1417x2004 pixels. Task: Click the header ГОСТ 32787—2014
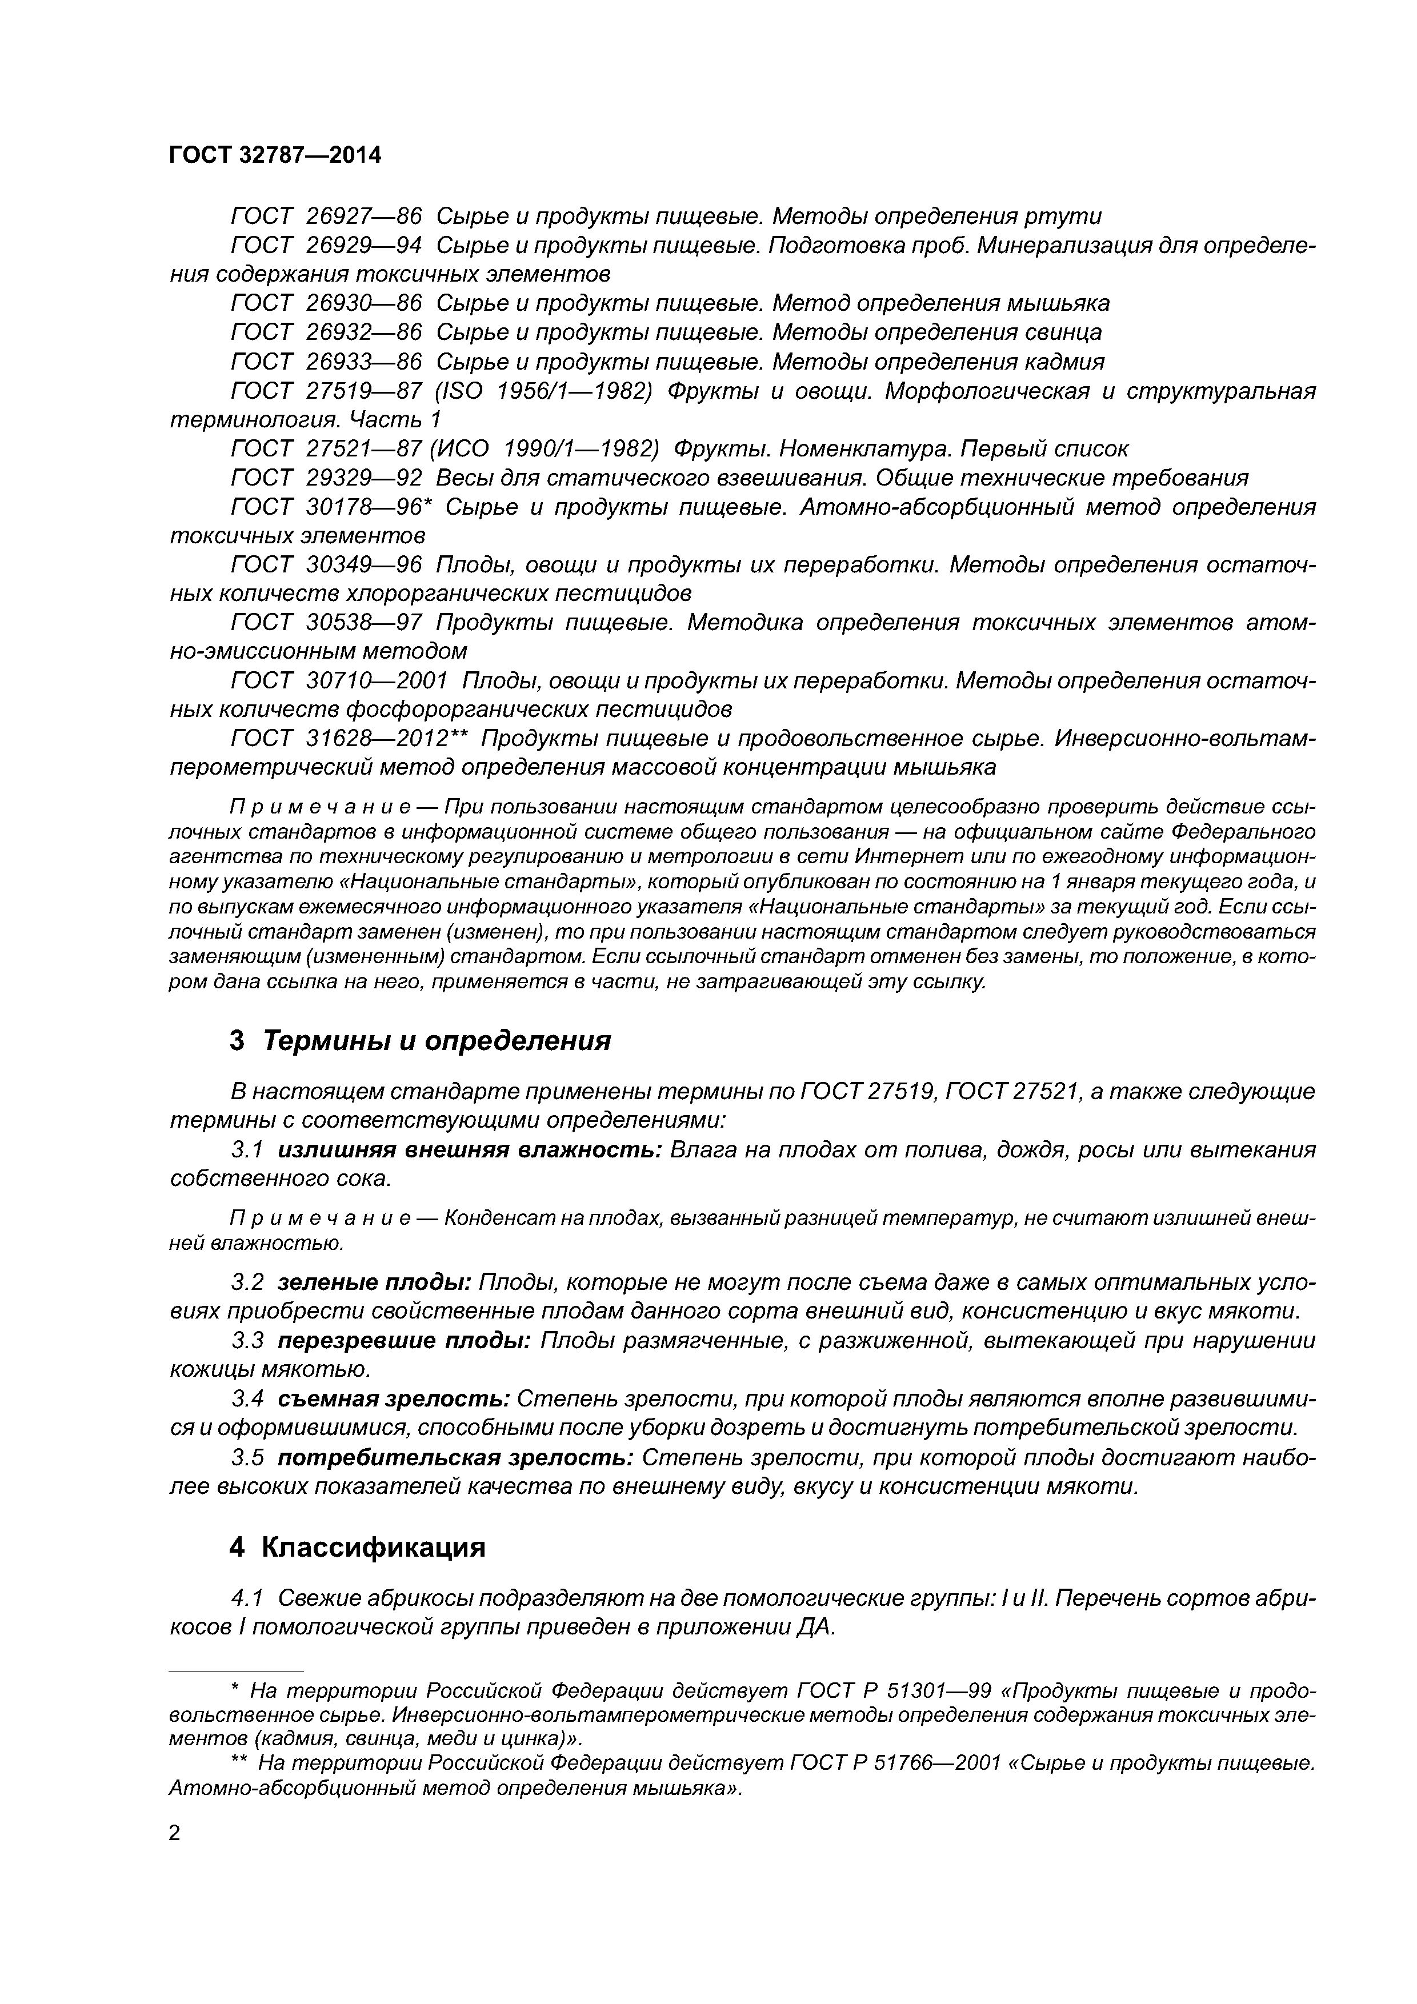point(275,155)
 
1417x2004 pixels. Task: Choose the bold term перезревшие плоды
point(404,1340)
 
